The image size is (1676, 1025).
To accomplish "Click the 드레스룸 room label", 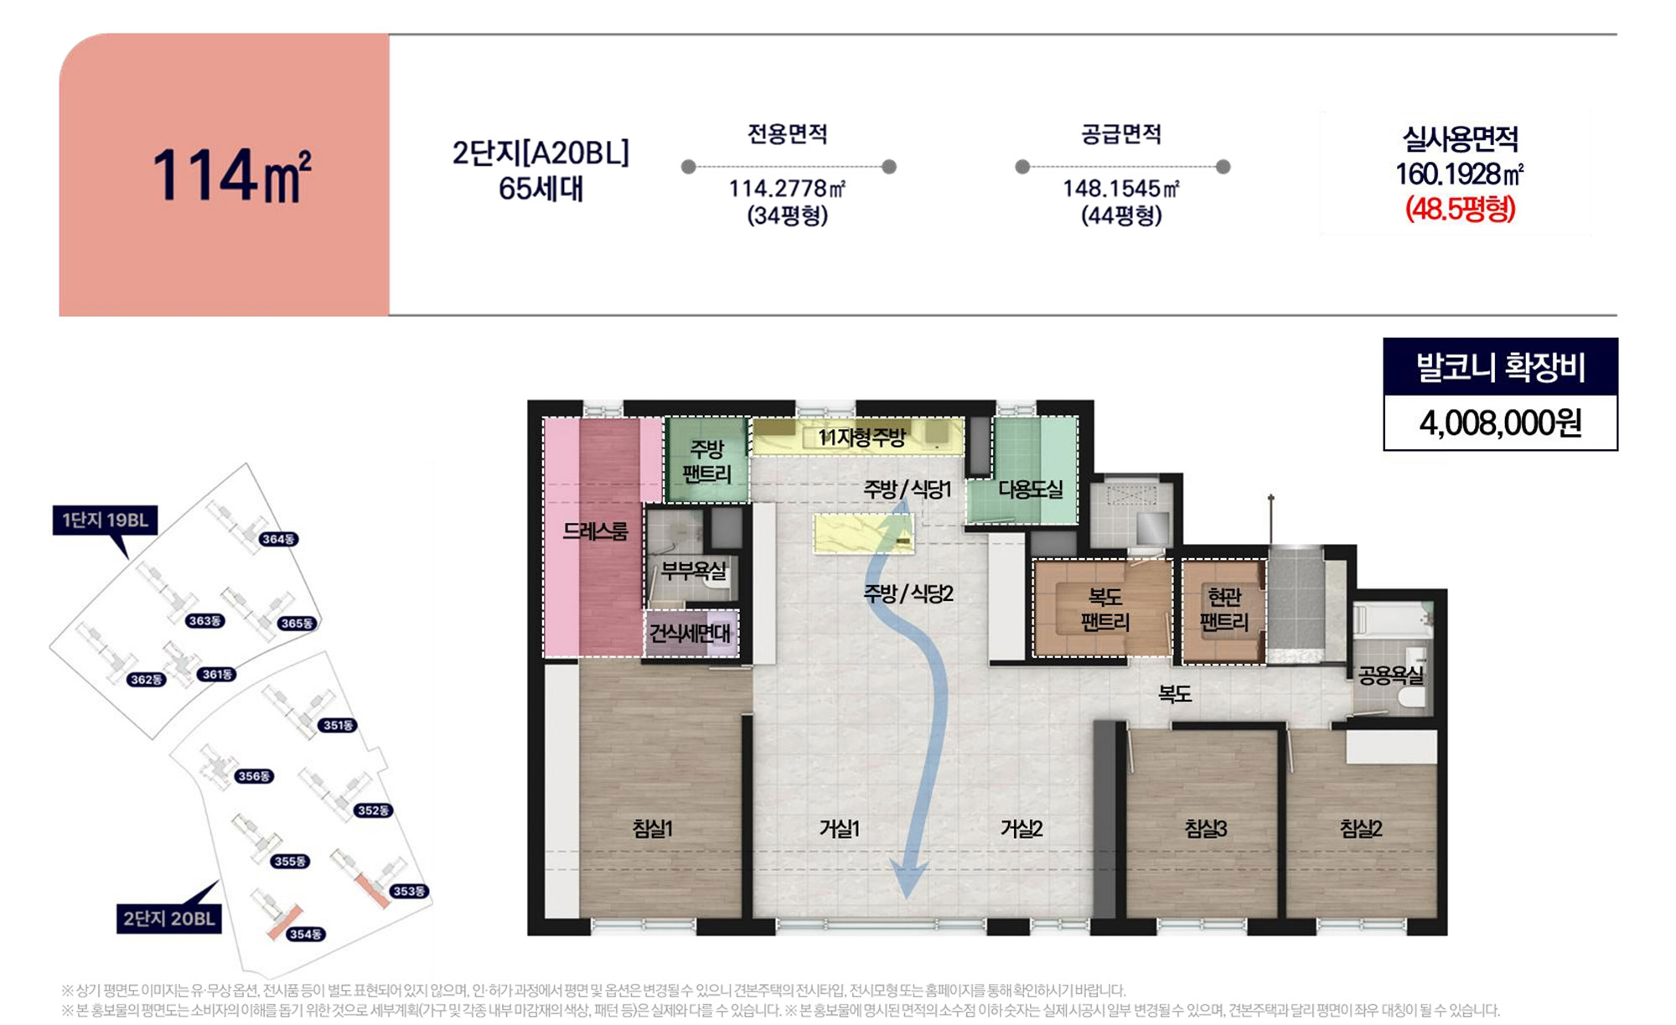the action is tap(595, 531).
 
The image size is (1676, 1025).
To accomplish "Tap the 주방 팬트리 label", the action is tap(706, 462).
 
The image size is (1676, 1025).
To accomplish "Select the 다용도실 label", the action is tap(1030, 489).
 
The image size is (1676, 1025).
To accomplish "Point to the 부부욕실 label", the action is tap(694, 571).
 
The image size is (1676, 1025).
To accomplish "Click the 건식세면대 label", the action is tap(690, 633).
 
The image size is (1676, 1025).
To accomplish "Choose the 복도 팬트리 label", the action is tap(1105, 609).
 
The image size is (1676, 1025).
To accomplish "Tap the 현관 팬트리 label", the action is tap(1223, 609).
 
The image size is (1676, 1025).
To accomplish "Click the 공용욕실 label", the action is tap(1391, 675).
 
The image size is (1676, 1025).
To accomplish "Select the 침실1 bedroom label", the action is tap(653, 829).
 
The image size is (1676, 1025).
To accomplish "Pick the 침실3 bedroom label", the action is tap(1206, 829).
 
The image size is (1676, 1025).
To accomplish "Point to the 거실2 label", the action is tap(1022, 829).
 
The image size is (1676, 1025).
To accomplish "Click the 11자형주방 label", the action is tap(861, 437).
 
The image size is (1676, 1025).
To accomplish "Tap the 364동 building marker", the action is tap(278, 539).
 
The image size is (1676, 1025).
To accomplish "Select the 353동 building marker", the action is tap(410, 891).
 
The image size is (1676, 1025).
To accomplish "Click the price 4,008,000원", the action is tap(1500, 423).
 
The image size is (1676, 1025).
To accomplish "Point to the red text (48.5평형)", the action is tap(1460, 208).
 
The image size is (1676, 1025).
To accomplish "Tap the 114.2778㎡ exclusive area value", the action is tap(787, 189).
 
